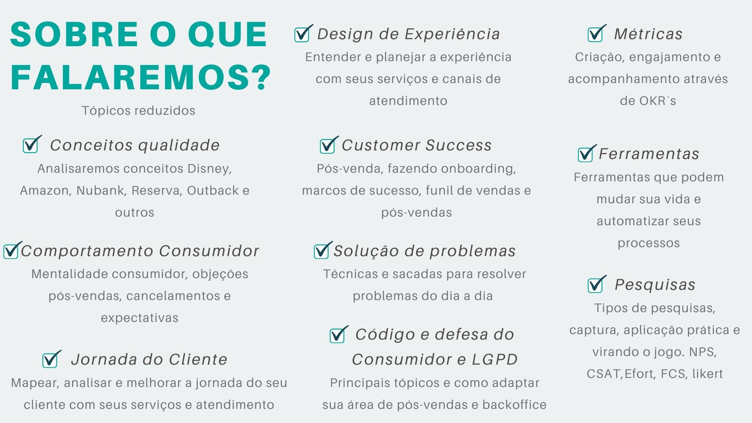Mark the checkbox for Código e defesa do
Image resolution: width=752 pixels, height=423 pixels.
click(339, 334)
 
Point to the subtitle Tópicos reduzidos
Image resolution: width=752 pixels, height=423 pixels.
click(139, 110)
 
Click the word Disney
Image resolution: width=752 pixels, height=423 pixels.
click(210, 169)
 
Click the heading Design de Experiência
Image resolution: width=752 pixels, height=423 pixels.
click(409, 34)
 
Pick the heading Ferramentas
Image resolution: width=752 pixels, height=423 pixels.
click(649, 154)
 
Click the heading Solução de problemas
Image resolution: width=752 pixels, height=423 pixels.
click(425, 251)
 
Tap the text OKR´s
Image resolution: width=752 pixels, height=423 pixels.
click(658, 101)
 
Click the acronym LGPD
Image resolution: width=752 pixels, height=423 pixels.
click(495, 359)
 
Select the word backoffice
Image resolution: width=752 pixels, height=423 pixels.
click(514, 405)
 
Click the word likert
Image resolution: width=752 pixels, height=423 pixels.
click(707, 374)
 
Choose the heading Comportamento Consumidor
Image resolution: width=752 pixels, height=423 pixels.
click(140, 251)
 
